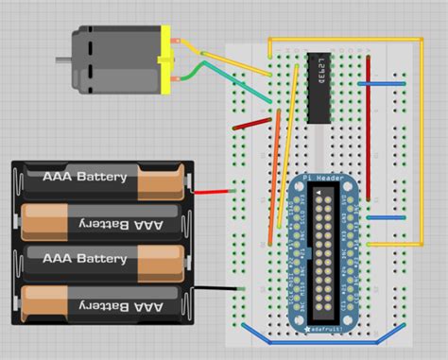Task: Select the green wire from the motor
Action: (x=196, y=71)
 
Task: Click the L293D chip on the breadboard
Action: (x=322, y=88)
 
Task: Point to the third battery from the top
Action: (x=104, y=259)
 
